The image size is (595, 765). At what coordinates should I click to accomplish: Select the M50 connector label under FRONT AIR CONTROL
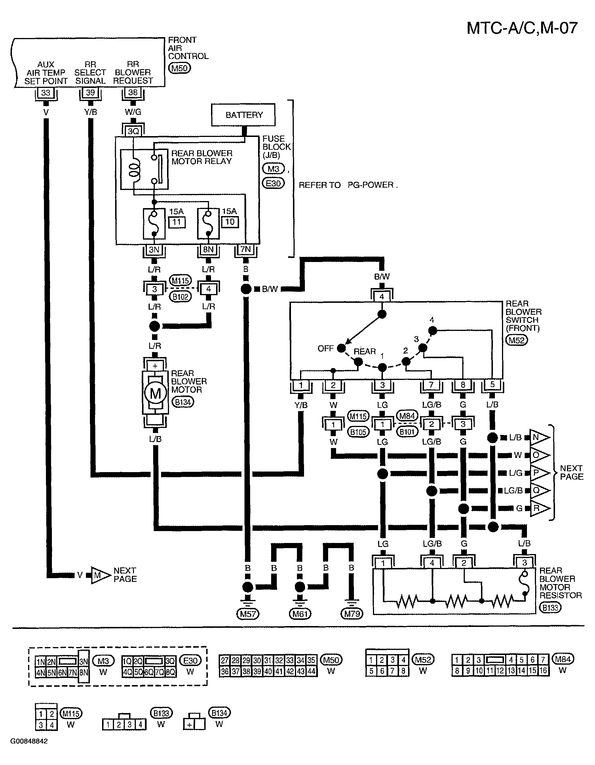[180, 68]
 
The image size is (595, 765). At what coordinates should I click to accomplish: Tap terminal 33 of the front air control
[46, 93]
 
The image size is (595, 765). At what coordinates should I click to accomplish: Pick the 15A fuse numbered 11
[154, 223]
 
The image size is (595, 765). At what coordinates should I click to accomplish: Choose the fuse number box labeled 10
[230, 222]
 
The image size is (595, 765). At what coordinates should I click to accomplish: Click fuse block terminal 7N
[246, 250]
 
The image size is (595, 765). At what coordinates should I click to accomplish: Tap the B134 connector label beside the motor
[183, 402]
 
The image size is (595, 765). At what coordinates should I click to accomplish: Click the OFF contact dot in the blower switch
[341, 348]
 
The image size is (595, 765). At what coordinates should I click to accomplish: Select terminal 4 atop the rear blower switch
[382, 296]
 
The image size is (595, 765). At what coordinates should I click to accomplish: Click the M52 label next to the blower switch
[517, 340]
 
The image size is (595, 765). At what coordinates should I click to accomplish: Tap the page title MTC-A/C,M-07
[522, 28]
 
